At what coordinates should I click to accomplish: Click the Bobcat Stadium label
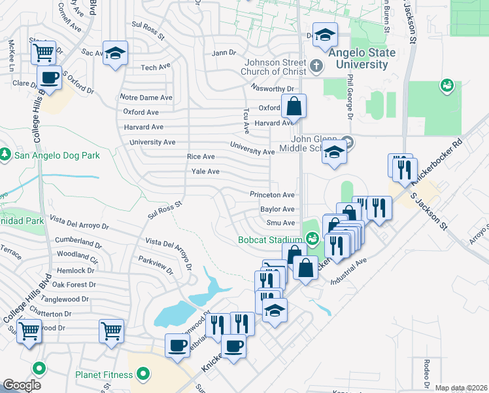[x=267, y=240]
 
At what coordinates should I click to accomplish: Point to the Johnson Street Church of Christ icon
[x=316, y=65]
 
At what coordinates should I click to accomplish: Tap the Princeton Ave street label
[x=272, y=195]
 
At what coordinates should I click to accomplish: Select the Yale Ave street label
[x=205, y=172]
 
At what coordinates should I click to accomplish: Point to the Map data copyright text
[x=461, y=388]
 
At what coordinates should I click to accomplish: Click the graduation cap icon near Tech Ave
[x=115, y=53]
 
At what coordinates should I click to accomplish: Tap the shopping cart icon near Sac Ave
[x=43, y=51]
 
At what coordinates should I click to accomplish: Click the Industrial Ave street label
[x=349, y=271]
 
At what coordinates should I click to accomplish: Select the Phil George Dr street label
[x=350, y=105]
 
